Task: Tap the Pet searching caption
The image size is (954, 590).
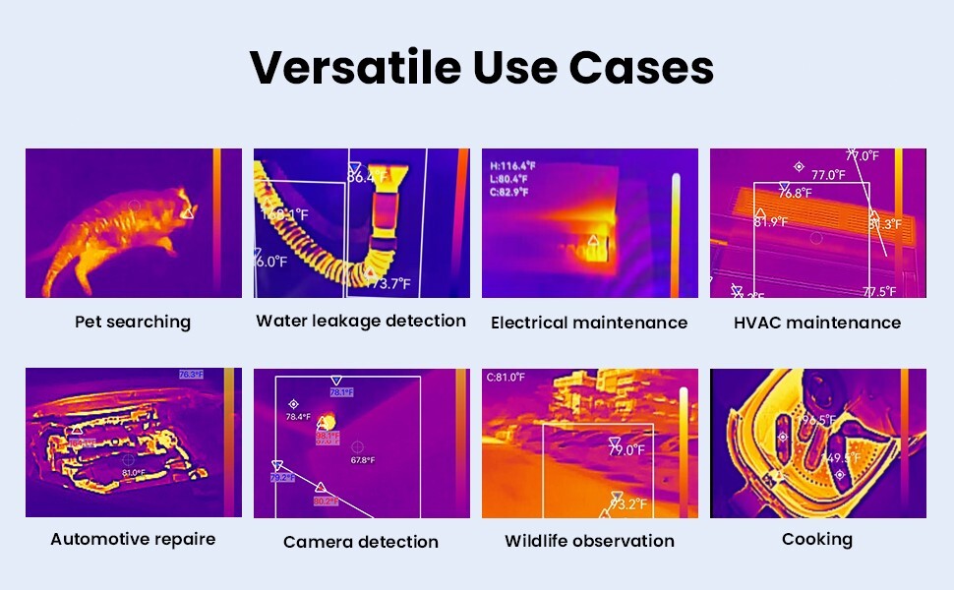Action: coord(133,322)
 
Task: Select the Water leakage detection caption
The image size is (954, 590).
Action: coord(361,321)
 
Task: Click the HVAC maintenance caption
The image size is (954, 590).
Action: coord(817,322)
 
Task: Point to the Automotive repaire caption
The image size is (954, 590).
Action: coord(133,539)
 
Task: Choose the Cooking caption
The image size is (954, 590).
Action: coord(817,539)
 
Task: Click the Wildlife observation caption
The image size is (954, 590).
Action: coord(589,541)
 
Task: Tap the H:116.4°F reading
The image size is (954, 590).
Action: coord(512,166)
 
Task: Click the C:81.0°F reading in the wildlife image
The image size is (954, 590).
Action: coord(506,378)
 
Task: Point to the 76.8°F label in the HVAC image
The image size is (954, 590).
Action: coord(796,194)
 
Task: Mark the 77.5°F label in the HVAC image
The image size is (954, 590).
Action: coord(879,292)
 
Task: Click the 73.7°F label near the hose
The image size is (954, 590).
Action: coord(388,284)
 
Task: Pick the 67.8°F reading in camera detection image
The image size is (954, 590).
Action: coord(363,460)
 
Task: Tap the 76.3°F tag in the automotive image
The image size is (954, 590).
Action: coord(191,375)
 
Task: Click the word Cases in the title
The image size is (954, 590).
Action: coord(641,68)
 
